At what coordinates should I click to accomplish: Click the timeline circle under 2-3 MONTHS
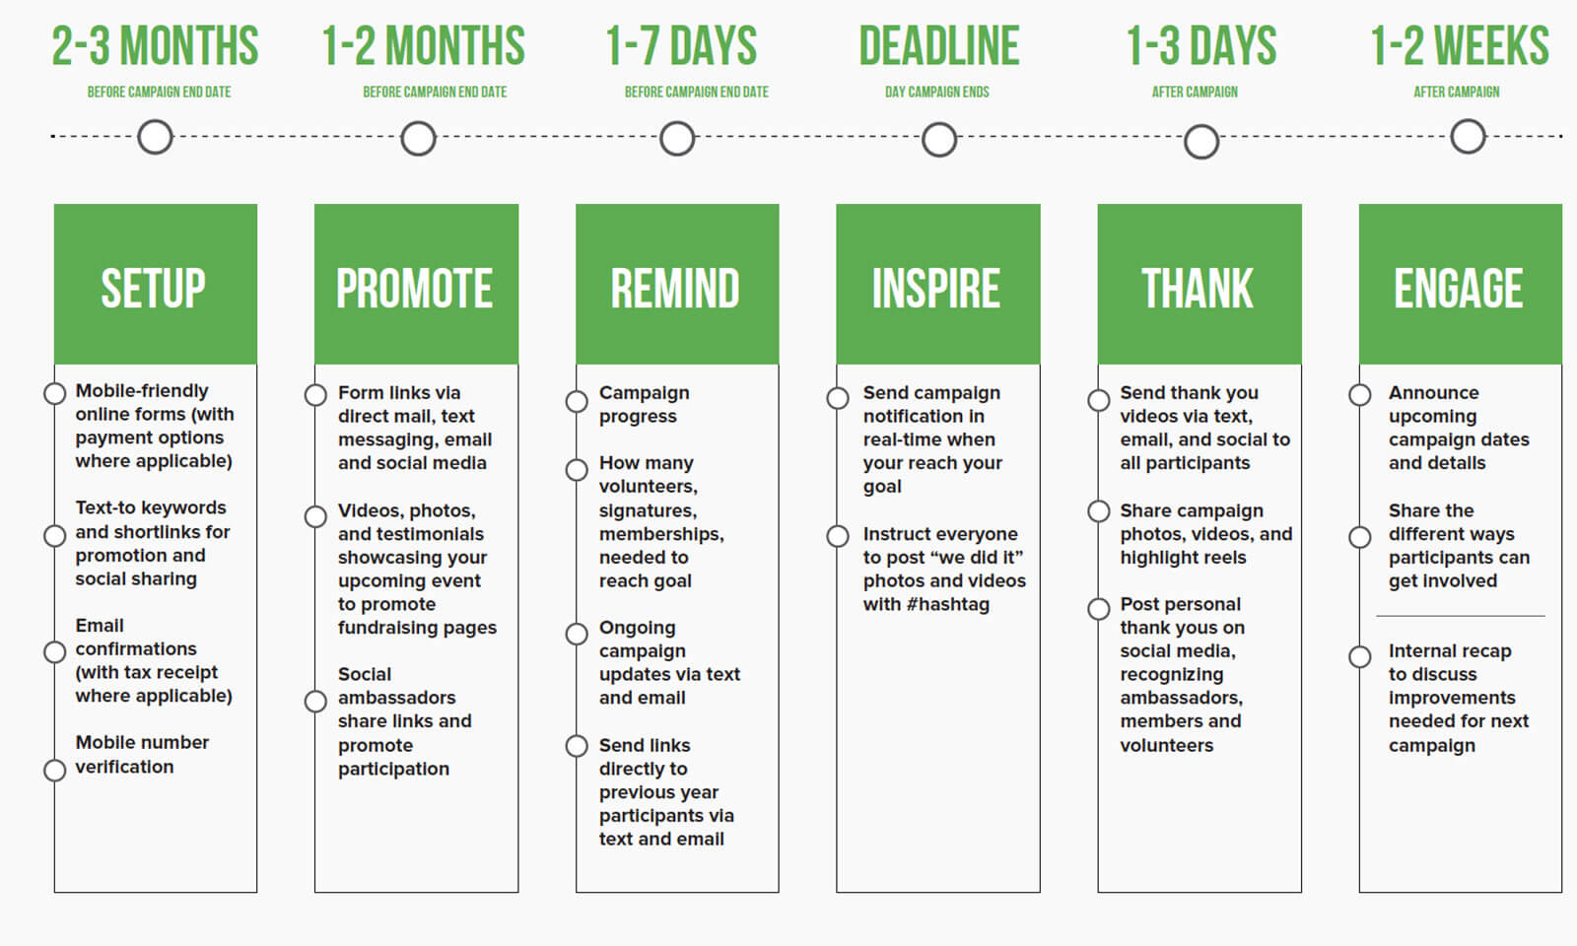(x=155, y=137)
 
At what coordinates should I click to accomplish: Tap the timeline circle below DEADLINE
(x=938, y=139)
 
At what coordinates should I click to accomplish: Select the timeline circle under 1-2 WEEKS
(x=1468, y=136)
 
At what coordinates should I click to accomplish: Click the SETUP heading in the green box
(x=154, y=289)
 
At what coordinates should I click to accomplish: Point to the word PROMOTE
(x=414, y=289)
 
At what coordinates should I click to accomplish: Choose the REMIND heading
(x=675, y=289)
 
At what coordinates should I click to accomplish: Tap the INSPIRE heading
(x=935, y=289)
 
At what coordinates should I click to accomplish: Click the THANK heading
(x=1198, y=289)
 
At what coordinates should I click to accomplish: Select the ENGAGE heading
(x=1458, y=289)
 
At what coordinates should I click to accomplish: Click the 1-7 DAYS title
(x=681, y=46)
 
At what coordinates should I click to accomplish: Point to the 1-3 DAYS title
(x=1200, y=46)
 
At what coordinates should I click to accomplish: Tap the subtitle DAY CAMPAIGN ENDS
(x=936, y=92)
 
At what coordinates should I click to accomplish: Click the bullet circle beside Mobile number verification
(x=55, y=770)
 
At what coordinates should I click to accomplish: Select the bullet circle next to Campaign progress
(x=577, y=401)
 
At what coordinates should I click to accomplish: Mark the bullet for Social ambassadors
(x=315, y=701)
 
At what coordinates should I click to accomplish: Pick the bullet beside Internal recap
(x=1360, y=656)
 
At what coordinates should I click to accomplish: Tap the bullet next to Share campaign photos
(x=1099, y=510)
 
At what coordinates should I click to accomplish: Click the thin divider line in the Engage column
(x=1460, y=616)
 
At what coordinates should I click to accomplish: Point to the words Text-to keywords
(x=151, y=507)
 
